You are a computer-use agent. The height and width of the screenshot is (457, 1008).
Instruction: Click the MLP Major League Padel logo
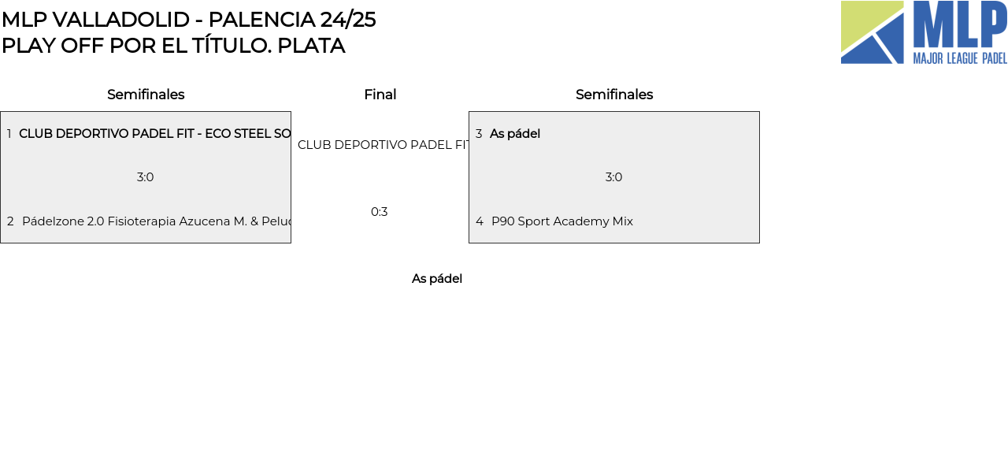[x=924, y=32]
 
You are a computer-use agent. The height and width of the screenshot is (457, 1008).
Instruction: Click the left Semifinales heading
[x=146, y=95]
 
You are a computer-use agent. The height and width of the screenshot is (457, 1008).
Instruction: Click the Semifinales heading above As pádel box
[x=614, y=95]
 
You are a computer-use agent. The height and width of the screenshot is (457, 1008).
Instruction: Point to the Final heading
[x=380, y=95]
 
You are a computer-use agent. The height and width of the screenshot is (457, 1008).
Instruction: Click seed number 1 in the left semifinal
[x=9, y=134]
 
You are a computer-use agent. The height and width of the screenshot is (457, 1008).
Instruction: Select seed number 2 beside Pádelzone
[x=10, y=221]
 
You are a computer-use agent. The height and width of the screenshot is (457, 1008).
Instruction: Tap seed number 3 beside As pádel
[x=479, y=134]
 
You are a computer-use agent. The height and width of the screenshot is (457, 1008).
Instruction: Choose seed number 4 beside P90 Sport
[x=480, y=221]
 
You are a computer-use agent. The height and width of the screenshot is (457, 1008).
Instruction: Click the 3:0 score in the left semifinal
[x=146, y=177]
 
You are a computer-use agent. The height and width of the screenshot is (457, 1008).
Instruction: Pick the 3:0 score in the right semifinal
[x=614, y=177]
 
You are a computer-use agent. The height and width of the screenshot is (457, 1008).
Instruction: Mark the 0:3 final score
[x=380, y=212]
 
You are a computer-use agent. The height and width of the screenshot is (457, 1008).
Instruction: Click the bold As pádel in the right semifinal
[x=515, y=134]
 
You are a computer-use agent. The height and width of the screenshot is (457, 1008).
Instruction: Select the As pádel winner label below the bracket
[x=437, y=279]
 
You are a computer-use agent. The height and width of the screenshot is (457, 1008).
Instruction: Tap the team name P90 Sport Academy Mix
[x=562, y=221]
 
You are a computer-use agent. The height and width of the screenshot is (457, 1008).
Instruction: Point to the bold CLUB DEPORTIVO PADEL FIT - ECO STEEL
[x=154, y=134]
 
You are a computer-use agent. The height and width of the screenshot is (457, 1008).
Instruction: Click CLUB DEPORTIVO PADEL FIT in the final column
[x=384, y=145]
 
